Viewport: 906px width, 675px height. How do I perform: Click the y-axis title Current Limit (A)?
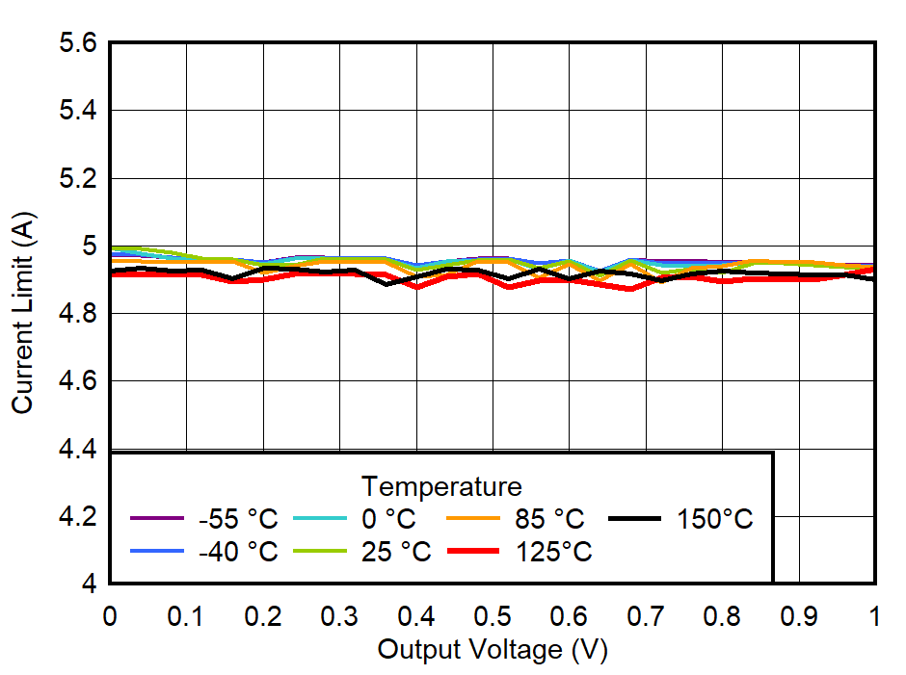pos(23,314)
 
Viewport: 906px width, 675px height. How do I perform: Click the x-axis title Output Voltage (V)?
pos(492,650)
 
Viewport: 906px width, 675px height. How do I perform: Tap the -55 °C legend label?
pos(238,519)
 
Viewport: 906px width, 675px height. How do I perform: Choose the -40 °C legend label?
pos(238,552)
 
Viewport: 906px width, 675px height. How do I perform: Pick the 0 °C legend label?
pos(388,519)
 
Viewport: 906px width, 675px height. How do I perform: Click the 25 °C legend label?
pos(396,552)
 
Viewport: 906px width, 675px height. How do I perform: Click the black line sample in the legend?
pos(634,519)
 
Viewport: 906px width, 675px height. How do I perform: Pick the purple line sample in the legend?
pos(156,519)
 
